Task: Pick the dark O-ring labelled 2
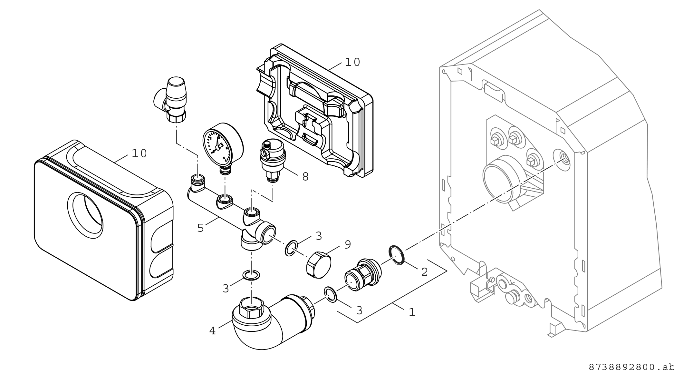coord(397,255)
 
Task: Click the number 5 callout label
coord(200,228)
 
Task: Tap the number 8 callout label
coord(305,177)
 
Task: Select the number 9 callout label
coord(347,245)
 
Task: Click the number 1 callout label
coord(412,312)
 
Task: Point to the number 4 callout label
coord(212,331)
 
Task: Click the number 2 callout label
coord(424,272)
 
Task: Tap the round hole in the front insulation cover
coord(85,216)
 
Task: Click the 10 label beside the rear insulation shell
coord(352,62)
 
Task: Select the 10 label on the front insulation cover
coord(140,154)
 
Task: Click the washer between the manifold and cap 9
coord(290,248)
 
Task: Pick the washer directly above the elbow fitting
coord(251,275)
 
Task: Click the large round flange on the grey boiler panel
coord(497,179)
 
